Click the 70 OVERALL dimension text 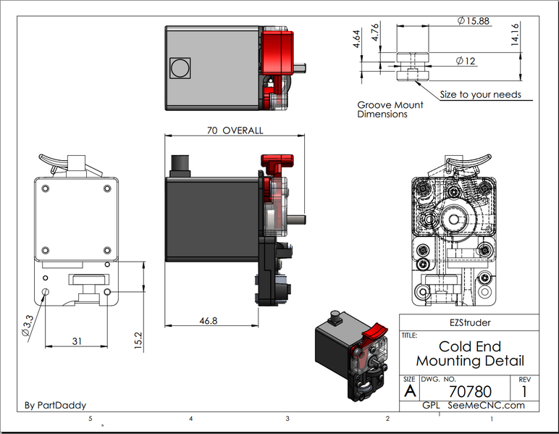[235, 130]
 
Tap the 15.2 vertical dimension [138, 341]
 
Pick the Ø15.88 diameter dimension [474, 21]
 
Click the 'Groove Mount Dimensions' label [390, 109]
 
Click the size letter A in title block [410, 391]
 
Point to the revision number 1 [524, 391]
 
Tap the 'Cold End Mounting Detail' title [469, 354]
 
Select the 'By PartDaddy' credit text [55, 405]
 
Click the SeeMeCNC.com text [486, 405]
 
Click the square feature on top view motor [178, 68]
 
